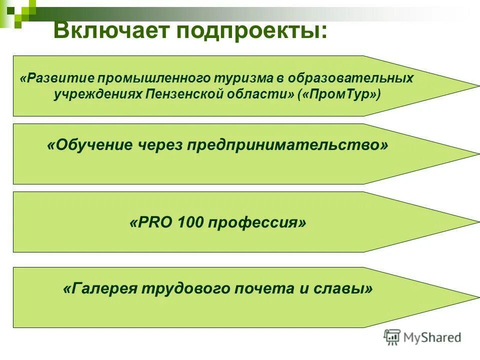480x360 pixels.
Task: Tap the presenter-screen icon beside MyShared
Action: coord(392,337)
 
